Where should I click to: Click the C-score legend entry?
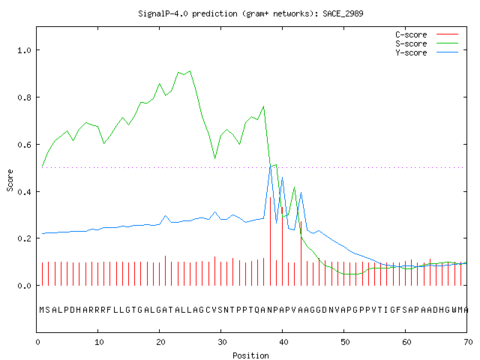coord(427,34)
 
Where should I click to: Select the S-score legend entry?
coord(427,43)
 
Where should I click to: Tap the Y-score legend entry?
coord(427,52)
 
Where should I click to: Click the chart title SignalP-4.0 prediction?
coord(187,13)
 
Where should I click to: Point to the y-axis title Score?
coord(10,180)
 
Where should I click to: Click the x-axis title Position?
coord(250,355)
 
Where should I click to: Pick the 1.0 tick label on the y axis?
coord(24,50)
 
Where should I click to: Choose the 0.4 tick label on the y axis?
coord(24,192)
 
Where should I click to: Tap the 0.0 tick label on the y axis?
coord(24,286)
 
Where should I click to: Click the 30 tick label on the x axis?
coord(221,342)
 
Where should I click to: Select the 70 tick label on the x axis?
coord(468,342)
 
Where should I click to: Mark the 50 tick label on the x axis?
coord(345,342)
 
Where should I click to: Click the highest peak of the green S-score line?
coord(190,71)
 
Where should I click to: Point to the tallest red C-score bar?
coord(270,241)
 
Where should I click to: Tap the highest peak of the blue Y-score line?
coord(270,167)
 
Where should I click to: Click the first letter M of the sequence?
coord(42,310)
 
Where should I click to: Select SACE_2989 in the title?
coord(343,13)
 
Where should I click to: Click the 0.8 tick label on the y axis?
coord(24,97)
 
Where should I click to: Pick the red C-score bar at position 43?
coord(301,253)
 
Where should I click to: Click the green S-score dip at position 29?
coord(215,158)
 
